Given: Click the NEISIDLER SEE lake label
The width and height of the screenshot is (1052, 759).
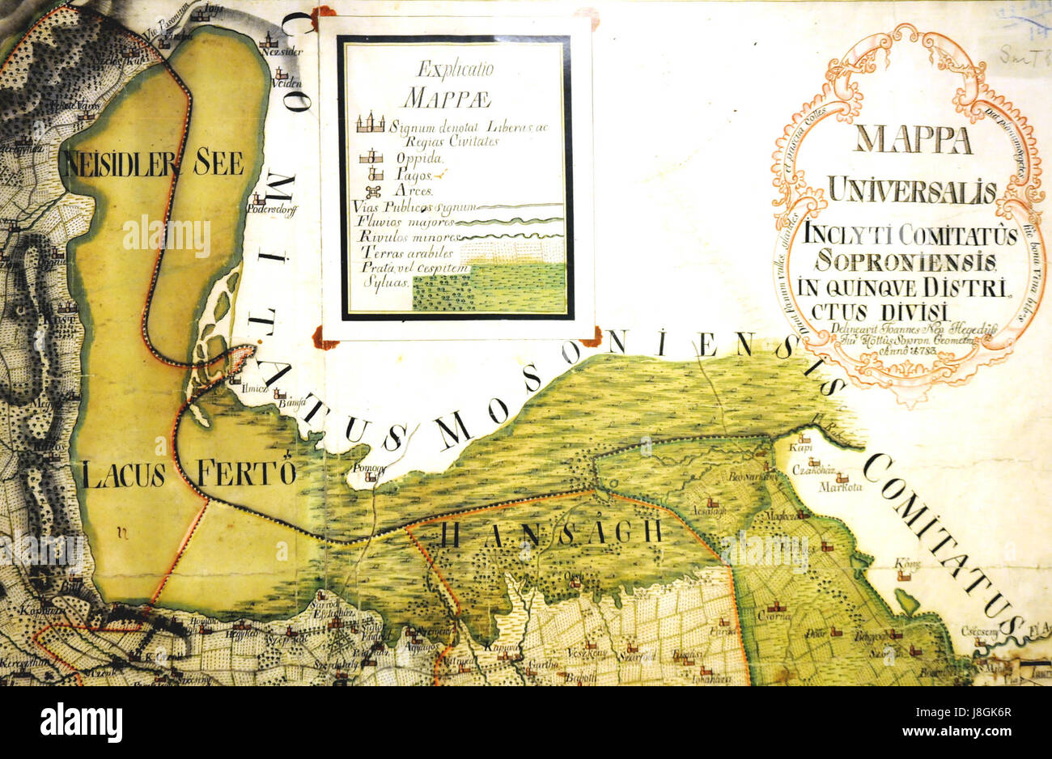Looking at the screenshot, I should (x=152, y=163).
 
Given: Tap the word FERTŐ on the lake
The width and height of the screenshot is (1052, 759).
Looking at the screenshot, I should (x=243, y=473).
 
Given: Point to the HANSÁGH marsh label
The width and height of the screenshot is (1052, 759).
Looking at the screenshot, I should (x=553, y=532).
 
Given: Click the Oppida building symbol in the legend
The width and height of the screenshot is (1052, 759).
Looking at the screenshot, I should (x=370, y=157).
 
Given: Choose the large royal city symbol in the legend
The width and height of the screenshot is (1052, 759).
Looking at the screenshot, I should (x=371, y=122).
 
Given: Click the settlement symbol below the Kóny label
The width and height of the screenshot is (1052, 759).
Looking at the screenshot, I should (x=907, y=577).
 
